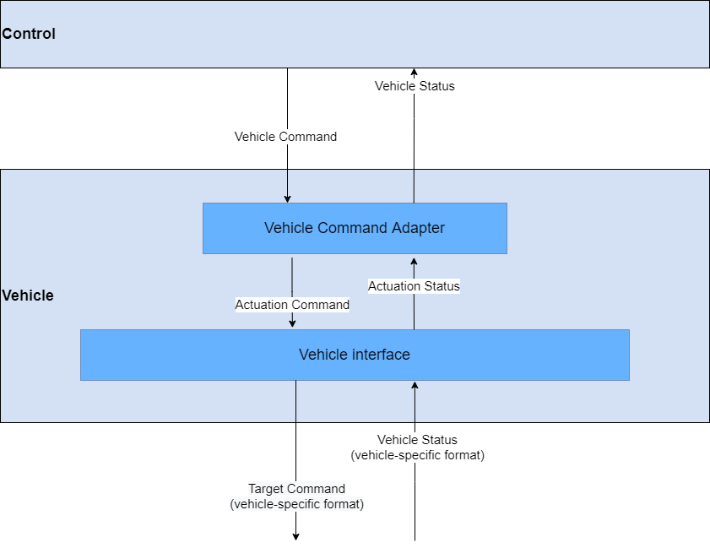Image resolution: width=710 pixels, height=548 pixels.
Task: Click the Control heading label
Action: point(29,34)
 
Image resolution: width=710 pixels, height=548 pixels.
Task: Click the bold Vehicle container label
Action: point(28,296)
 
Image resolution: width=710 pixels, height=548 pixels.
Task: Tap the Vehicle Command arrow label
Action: point(285,136)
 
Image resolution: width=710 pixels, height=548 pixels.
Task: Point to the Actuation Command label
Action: point(292,304)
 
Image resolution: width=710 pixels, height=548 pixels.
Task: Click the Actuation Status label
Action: point(414,286)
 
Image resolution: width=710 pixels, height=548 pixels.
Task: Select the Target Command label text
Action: point(296,489)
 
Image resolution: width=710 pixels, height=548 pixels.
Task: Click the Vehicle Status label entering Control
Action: point(415,86)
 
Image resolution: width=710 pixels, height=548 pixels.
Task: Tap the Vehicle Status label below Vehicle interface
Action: point(417,440)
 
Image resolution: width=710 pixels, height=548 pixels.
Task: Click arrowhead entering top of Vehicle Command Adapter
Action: point(287,198)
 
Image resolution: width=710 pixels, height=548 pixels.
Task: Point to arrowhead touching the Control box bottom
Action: point(414,73)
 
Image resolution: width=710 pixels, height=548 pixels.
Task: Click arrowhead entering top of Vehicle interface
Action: point(292,324)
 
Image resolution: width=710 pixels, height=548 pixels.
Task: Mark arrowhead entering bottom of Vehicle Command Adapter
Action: point(414,258)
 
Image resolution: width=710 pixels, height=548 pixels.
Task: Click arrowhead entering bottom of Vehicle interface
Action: point(415,385)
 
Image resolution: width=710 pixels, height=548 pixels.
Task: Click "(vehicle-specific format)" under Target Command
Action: point(296,504)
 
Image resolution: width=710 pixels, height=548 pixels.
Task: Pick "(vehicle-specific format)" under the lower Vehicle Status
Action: point(417,455)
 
